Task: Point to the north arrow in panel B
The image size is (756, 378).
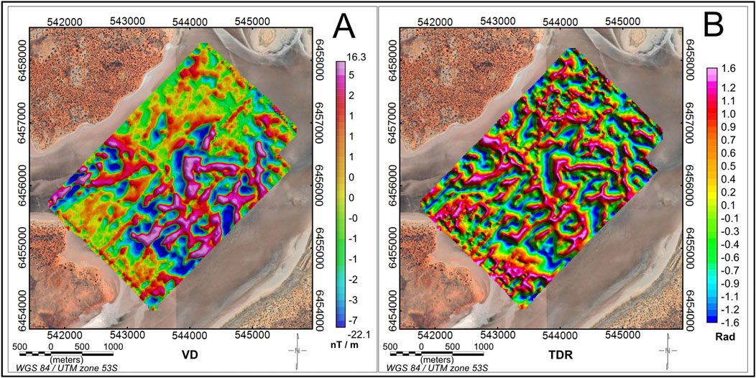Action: coord(668,351)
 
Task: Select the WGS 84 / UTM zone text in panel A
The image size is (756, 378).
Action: coord(52,369)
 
